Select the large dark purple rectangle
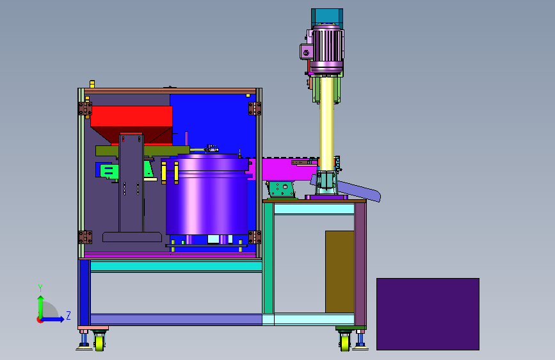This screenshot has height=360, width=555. click(x=428, y=314)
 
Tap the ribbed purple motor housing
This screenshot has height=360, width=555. click(x=327, y=47)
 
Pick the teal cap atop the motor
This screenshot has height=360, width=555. click(x=327, y=17)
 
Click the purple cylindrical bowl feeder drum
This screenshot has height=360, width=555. click(x=207, y=196)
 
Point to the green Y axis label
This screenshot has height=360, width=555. click(x=40, y=288)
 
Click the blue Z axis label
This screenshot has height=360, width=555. click(x=68, y=315)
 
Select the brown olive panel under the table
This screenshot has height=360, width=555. click(x=340, y=272)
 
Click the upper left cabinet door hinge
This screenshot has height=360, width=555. click(x=85, y=108)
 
